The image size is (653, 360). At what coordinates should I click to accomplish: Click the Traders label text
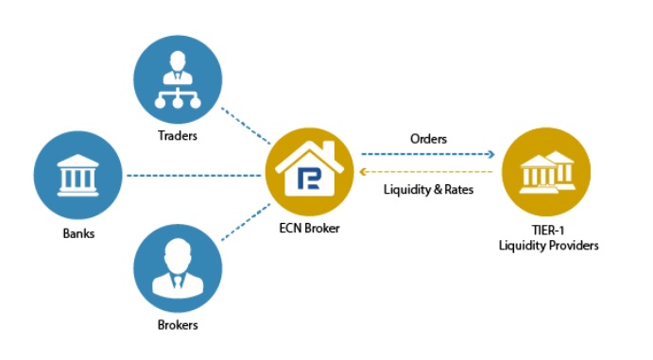179,136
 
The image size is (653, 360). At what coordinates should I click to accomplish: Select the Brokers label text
178,324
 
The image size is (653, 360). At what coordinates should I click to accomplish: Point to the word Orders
428,138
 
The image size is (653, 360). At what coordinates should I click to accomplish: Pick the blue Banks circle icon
75,176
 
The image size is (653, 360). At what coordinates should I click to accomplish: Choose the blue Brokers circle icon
177,268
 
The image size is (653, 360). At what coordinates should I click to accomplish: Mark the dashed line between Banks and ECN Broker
194,176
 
